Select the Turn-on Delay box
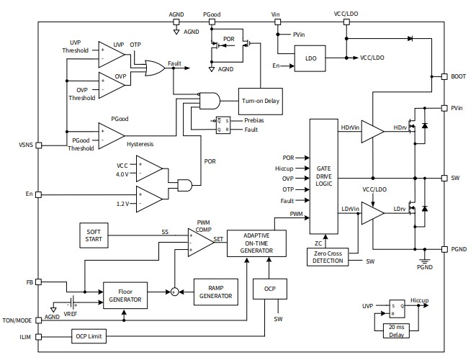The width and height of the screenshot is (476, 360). pos(260,101)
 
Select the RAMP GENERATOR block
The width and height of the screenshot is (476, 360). pos(215,291)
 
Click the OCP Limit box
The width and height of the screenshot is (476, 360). pos(90,336)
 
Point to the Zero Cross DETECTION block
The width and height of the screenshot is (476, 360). pos(328,256)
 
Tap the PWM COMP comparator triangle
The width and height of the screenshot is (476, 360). pos(201,243)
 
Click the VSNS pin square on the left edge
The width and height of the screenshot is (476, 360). pos(38,145)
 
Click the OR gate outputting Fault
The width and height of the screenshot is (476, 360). pos(153,68)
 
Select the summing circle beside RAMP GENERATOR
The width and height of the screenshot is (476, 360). pos(174,292)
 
